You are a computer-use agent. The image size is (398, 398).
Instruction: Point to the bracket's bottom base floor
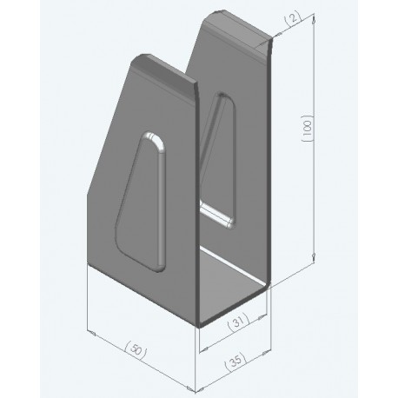(233, 291)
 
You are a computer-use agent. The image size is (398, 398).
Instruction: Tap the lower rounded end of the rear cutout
(222, 218)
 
